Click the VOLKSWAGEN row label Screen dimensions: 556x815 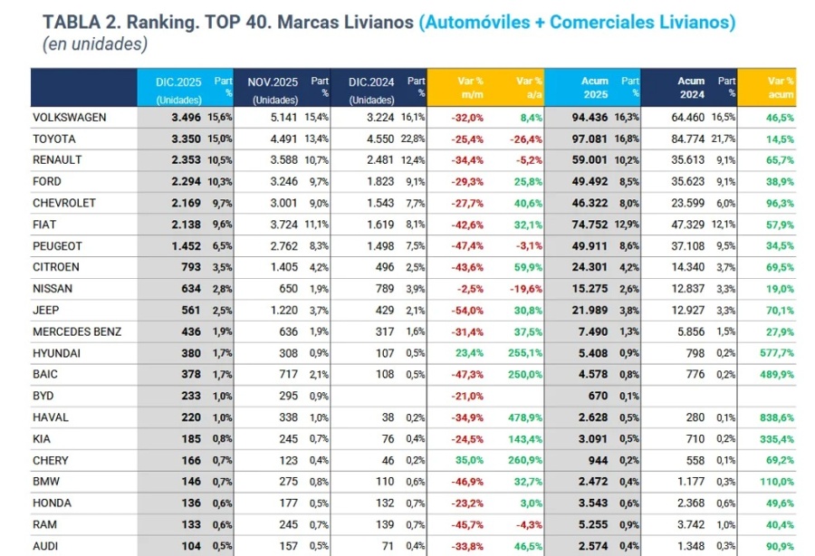(69, 118)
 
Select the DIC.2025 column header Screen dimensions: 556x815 (178, 81)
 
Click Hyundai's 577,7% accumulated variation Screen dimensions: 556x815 (775, 352)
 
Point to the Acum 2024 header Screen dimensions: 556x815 (691, 81)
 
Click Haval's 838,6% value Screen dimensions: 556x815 (775, 417)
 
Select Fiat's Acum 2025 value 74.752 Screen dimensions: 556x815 (589, 225)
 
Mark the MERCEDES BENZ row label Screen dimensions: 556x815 (76, 331)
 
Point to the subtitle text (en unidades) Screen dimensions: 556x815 (95, 43)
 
